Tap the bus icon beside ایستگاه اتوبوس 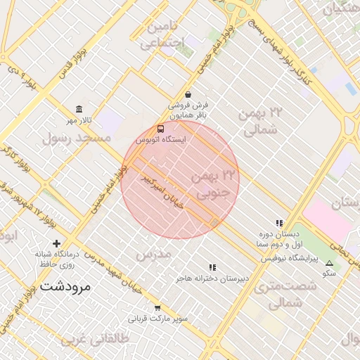pos(161,129)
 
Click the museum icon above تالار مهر pos(78,110)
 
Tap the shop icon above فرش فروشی pos(188,94)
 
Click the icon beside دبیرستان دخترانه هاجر pos(212,267)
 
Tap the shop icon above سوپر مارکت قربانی pos(157,307)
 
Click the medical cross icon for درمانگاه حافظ pos(57,243)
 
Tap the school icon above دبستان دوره pos(279,223)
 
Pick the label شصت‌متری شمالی pos(277,295)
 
